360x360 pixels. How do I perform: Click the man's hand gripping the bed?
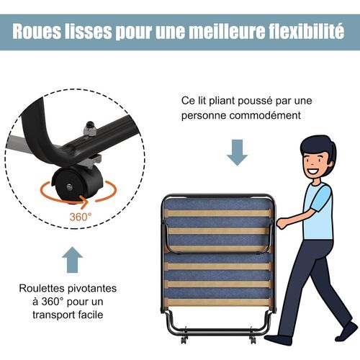click(x=281, y=223)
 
